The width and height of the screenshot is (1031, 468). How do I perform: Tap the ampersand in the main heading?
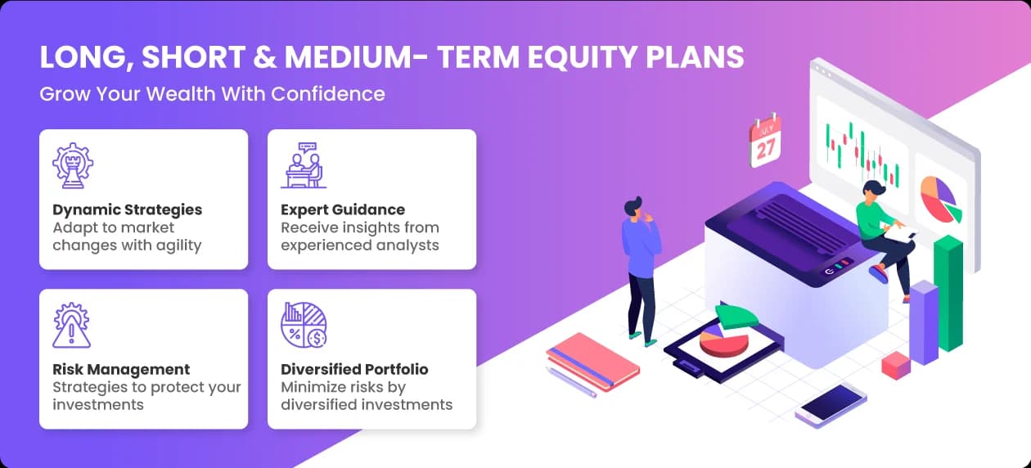264,57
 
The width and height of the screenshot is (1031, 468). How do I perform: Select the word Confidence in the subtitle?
327,94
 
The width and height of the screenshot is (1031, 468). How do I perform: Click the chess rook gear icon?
73,165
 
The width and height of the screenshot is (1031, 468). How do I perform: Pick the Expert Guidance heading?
343,209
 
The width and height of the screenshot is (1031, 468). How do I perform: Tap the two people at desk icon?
304,165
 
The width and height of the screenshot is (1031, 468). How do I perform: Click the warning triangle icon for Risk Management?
71,325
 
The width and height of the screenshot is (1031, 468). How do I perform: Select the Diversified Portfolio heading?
354,369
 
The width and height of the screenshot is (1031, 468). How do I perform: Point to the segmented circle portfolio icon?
304,325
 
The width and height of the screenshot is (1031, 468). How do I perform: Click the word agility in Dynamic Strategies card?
178,245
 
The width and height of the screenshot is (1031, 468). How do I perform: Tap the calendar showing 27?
765,141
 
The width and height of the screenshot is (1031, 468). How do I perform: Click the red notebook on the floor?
592,362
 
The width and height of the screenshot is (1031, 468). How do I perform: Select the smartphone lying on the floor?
831,406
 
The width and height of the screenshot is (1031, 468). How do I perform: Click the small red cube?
896,366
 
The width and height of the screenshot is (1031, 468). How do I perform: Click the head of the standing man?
634,206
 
